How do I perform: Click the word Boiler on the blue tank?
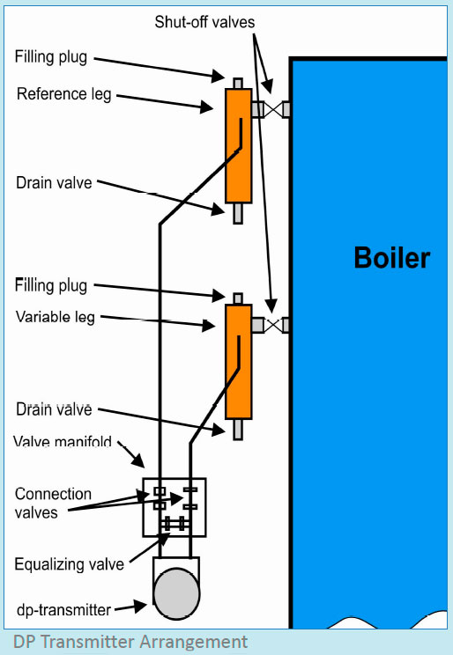(391, 258)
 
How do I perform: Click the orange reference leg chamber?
(238, 145)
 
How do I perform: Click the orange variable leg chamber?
(238, 361)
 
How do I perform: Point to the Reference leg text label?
(64, 93)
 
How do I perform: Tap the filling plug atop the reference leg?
(238, 82)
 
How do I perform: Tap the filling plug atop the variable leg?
(238, 298)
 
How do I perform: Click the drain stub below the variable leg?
(238, 429)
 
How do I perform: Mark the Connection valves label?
(53, 503)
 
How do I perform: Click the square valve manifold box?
(175, 507)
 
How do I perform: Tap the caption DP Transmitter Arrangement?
(130, 642)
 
